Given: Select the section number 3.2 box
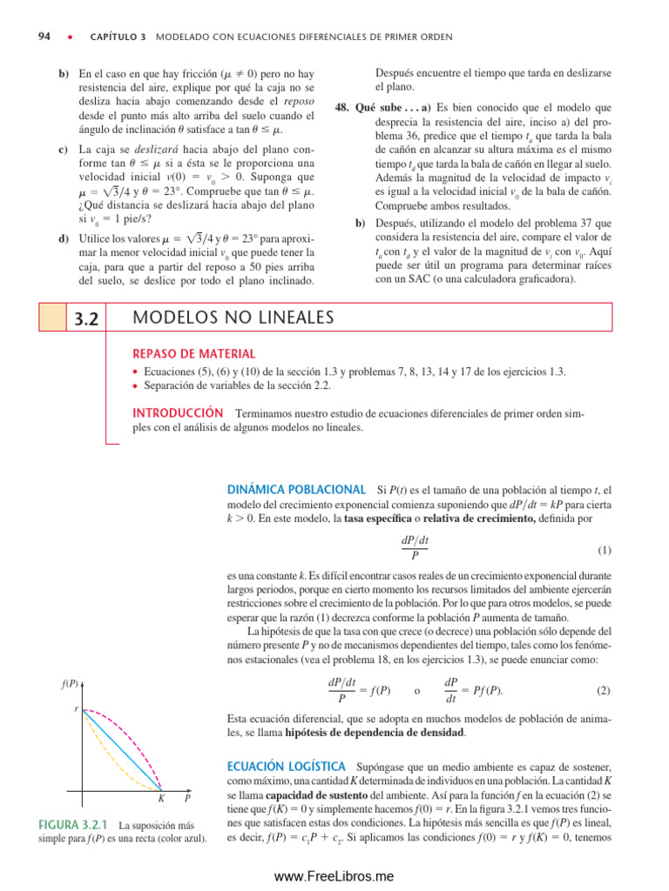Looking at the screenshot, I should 84,318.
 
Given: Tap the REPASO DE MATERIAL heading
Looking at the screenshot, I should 193,354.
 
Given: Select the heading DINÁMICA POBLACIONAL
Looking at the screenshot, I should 296,491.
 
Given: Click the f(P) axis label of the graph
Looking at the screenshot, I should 69,685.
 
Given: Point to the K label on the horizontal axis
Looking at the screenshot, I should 162,798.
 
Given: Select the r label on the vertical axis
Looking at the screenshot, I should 76,709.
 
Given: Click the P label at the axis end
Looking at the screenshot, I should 187,798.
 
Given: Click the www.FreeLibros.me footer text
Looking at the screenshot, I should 334,875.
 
